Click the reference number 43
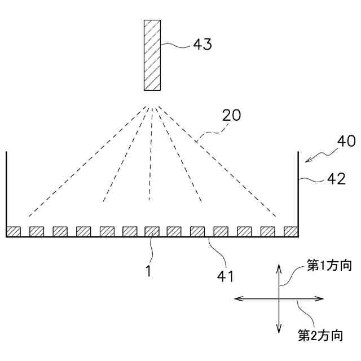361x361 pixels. pyautogui.click(x=202, y=45)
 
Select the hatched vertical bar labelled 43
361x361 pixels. pyautogui.click(x=152, y=55)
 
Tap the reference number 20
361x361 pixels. pyautogui.click(x=231, y=115)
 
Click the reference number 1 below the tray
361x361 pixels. pyautogui.click(x=148, y=271)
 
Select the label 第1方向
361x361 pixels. pyautogui.click(x=329, y=265)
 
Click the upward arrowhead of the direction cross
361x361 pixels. pyautogui.click(x=279, y=267)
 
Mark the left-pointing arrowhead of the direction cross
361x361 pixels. pyautogui.click(x=237, y=298)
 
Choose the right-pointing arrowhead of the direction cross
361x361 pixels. pyautogui.click(x=321, y=298)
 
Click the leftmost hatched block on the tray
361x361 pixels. pyautogui.click(x=13, y=231)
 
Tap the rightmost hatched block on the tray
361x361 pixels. pyautogui.click(x=290, y=231)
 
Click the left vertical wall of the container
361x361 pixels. pyautogui.click(x=6, y=192)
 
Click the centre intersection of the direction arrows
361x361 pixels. pyautogui.click(x=279, y=298)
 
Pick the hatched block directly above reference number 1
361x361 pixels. pyautogui.click(x=152, y=231)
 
